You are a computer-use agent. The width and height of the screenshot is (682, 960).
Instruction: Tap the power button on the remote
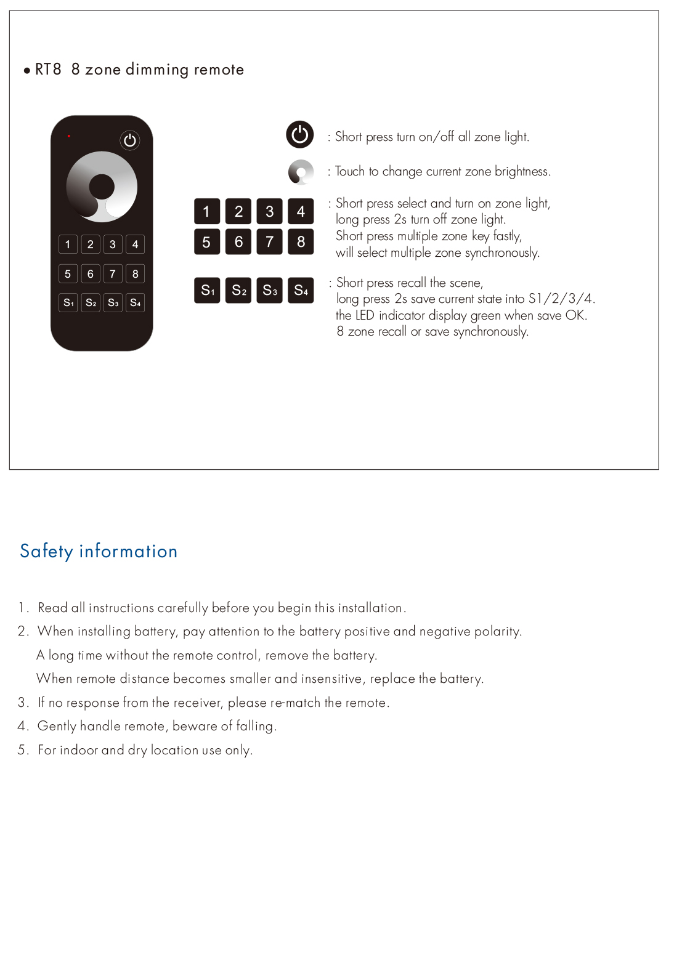tap(130, 140)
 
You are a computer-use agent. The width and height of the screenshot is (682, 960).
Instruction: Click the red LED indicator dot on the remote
tap(69, 135)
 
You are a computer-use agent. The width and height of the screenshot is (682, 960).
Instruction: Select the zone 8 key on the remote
tap(135, 274)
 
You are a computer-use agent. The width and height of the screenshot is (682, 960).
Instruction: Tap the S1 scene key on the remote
tap(68, 302)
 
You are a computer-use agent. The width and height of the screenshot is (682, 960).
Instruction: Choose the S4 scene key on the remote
tap(135, 302)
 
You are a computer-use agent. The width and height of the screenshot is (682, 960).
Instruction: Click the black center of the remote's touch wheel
tap(102, 187)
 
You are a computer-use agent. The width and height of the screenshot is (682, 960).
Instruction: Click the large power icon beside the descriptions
tap(300, 135)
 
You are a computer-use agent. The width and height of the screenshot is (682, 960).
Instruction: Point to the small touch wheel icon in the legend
tap(301, 172)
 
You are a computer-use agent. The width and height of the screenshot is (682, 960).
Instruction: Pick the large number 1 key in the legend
tap(207, 211)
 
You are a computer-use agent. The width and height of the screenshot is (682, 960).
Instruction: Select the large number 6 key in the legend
tap(238, 242)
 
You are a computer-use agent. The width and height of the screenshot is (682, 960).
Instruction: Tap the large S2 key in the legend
tap(238, 291)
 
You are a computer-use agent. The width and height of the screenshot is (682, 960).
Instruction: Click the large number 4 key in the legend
tap(301, 211)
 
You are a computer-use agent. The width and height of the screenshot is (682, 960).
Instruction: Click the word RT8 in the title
tap(48, 70)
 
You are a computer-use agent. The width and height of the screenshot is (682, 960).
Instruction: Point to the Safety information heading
tap(99, 551)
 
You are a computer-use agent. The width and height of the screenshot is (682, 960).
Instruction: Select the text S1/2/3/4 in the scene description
tap(561, 299)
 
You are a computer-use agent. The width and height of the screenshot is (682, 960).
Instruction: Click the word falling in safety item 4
tap(255, 727)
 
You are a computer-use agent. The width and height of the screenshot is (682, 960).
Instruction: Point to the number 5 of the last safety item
tap(22, 750)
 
